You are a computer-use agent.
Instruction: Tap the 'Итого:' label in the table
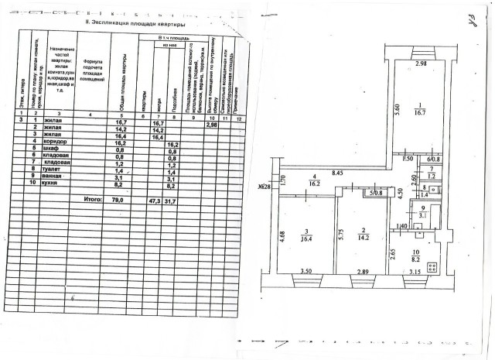coord(92,198)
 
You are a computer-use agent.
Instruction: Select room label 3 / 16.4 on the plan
coord(305,237)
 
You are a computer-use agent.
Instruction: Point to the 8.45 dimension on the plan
coord(338,173)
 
